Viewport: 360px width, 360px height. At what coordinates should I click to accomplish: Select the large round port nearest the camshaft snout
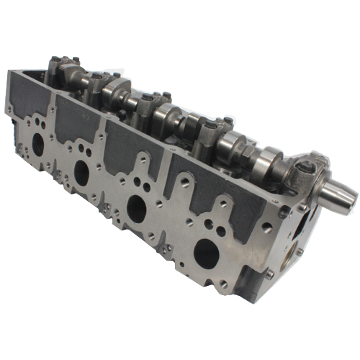(207, 252)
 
